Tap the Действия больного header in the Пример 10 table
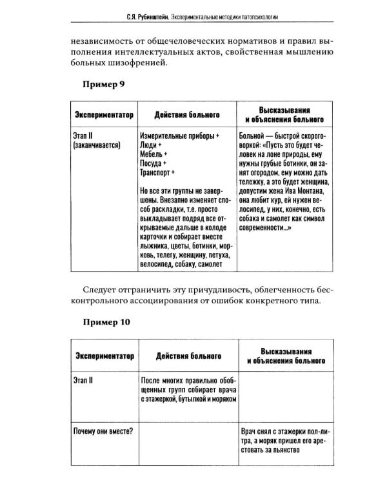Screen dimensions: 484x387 point(188,356)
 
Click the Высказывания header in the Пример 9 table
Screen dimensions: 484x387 point(284,110)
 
